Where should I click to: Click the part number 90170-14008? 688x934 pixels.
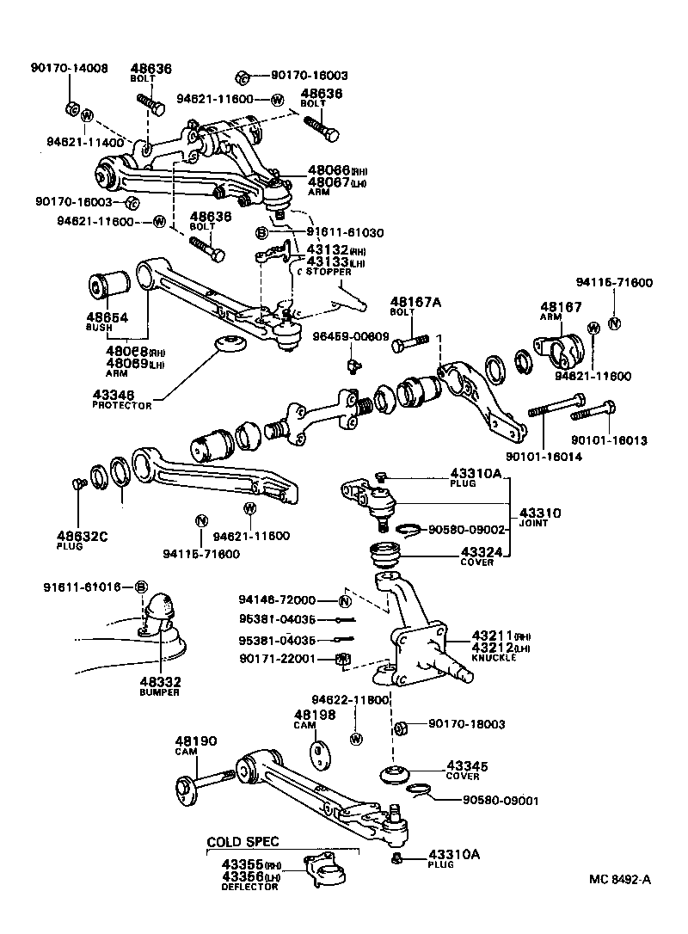pos(70,68)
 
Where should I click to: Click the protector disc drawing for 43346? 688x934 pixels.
pos(230,344)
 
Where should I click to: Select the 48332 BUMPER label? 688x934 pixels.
pos(160,685)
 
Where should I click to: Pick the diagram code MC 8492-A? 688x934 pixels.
pos(620,879)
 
